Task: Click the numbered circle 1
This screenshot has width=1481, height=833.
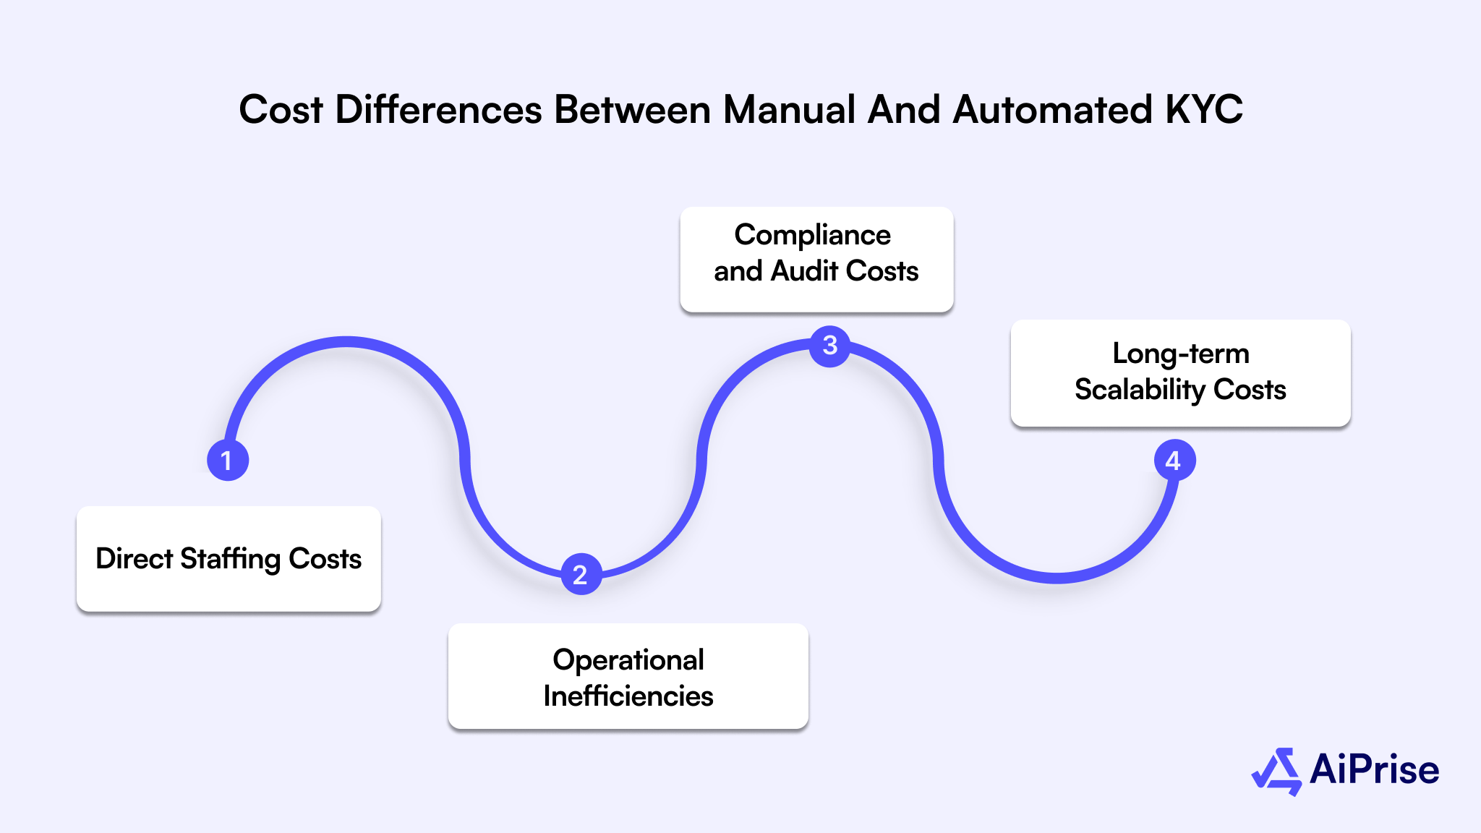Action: click(x=228, y=460)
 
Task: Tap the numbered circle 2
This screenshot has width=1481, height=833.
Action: click(x=581, y=574)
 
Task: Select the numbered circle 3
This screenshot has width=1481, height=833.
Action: click(x=829, y=346)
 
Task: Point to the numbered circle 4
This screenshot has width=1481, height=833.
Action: click(x=1174, y=460)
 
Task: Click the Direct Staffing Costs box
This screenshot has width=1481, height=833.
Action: click(x=229, y=559)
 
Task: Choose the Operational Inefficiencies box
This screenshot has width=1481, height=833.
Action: click(x=628, y=677)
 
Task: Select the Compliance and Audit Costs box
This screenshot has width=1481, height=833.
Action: click(x=816, y=260)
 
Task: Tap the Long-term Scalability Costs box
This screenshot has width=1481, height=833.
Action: click(x=1180, y=372)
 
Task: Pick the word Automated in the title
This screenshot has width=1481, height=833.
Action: click(x=1052, y=110)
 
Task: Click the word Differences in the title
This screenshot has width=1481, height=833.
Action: click(x=438, y=110)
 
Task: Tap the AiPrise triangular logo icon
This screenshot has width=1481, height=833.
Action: click(x=1276, y=771)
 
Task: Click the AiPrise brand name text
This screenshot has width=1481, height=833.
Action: click(x=1374, y=769)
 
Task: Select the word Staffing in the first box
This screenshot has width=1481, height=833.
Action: click(x=231, y=559)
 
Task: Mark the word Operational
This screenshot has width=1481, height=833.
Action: click(x=628, y=659)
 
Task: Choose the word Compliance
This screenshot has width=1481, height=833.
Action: click(x=812, y=235)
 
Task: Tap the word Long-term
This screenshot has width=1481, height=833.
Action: click(x=1180, y=354)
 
